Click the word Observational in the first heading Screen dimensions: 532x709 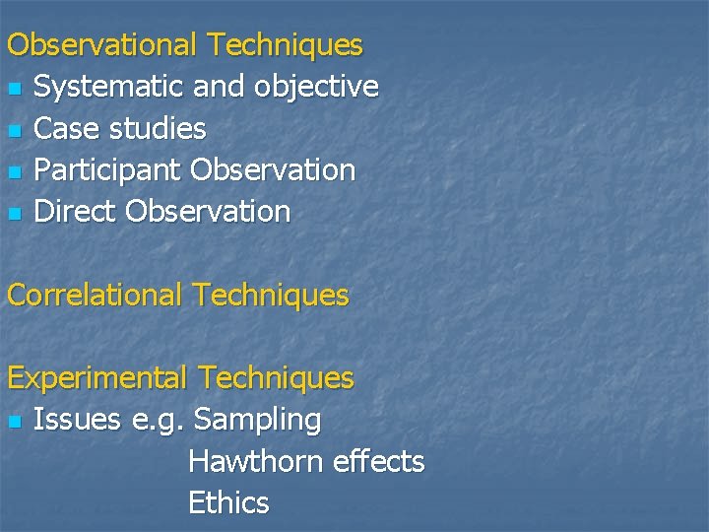[102, 45]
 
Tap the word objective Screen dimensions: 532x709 [316, 88]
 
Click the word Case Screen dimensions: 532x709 [65, 128]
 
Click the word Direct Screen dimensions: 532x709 [76, 212]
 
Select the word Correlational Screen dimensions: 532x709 [95, 295]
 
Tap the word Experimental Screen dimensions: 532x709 [97, 377]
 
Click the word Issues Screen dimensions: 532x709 [76, 420]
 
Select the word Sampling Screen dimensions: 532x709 [258, 421]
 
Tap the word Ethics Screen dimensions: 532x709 [228, 502]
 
